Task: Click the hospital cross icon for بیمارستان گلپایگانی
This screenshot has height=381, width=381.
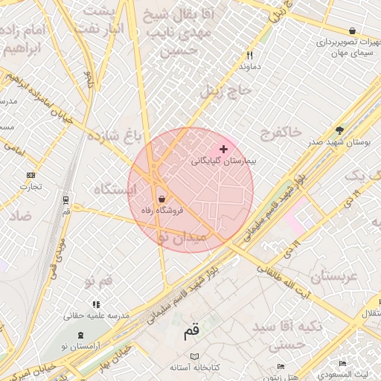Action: coord(223,150)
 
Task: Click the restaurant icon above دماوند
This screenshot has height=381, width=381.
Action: coord(249,55)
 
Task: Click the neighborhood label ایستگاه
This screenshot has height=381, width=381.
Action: coord(115,190)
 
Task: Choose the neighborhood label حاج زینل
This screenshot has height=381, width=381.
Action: coord(227,91)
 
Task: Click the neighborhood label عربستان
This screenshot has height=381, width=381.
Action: coord(334,276)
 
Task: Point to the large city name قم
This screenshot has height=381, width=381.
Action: coord(192,331)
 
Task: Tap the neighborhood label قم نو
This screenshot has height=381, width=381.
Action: coord(98,281)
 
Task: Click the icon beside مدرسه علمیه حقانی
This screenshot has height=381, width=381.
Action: coord(95,304)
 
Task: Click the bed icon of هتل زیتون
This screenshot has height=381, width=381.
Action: coord(281,366)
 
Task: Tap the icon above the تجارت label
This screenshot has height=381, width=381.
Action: coord(31,176)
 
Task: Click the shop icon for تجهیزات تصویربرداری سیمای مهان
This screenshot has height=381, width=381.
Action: coord(351,31)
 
